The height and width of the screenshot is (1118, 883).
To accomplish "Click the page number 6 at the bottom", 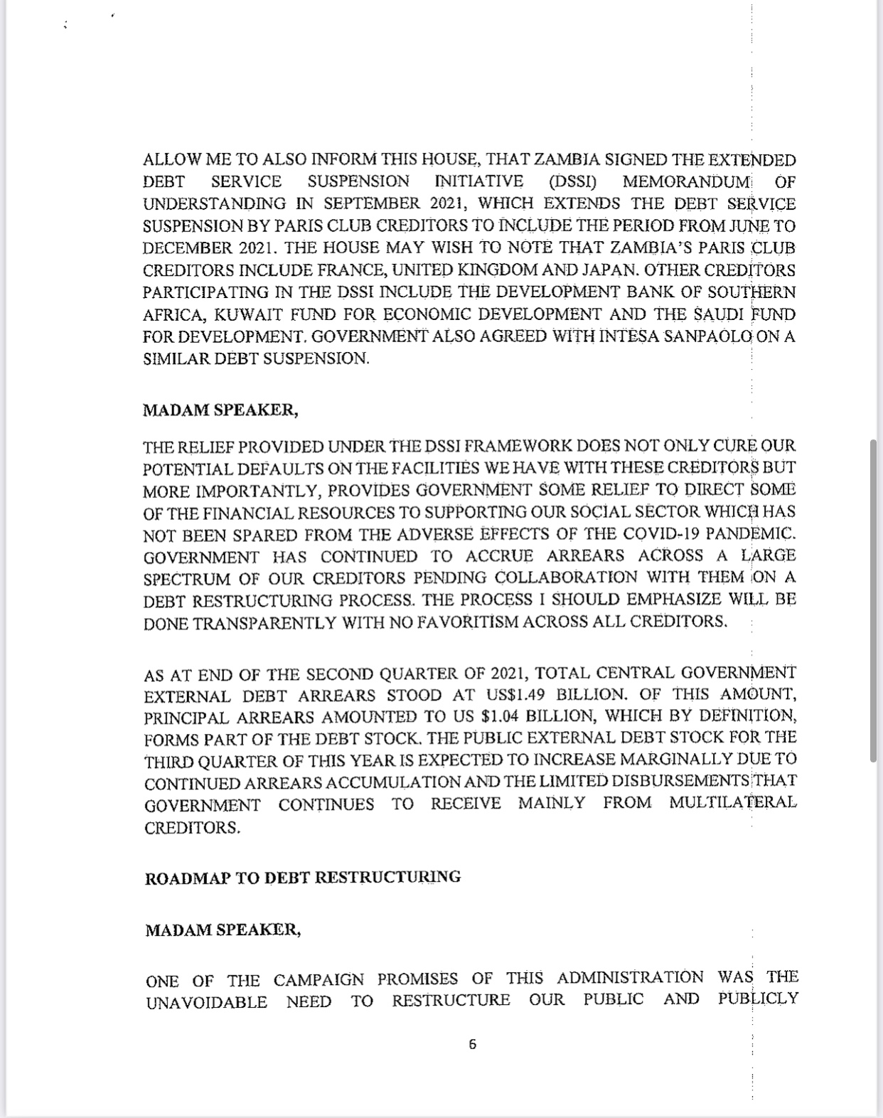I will tap(472, 1044).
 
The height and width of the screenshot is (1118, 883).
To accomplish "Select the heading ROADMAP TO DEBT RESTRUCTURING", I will tap(302, 878).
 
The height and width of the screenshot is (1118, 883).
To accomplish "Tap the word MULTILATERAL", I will tap(732, 803).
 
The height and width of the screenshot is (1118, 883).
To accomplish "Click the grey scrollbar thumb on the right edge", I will tap(873, 601).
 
